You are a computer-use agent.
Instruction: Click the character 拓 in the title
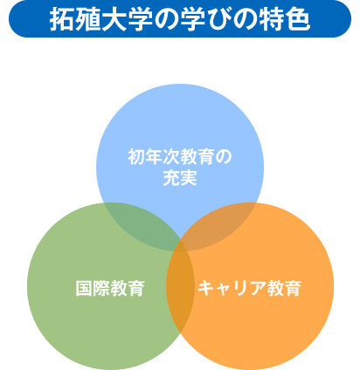pyautogui.click(x=62, y=19)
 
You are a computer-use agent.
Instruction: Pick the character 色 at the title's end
pyautogui.click(x=297, y=19)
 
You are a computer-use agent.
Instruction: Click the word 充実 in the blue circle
pyautogui.click(x=180, y=178)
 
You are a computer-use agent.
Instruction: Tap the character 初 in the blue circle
pyautogui.click(x=136, y=157)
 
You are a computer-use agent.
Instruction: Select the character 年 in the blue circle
pyautogui.click(x=154, y=157)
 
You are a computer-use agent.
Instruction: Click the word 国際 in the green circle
pyautogui.click(x=93, y=288)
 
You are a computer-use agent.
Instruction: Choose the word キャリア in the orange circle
pyautogui.click(x=232, y=288)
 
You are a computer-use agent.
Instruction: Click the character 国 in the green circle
pyautogui.click(x=84, y=288)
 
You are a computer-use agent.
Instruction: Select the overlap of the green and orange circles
pyautogui.click(x=180, y=288)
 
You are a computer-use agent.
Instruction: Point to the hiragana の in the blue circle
pyautogui.click(x=224, y=157)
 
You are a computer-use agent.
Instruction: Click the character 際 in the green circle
pyautogui.click(x=101, y=288)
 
